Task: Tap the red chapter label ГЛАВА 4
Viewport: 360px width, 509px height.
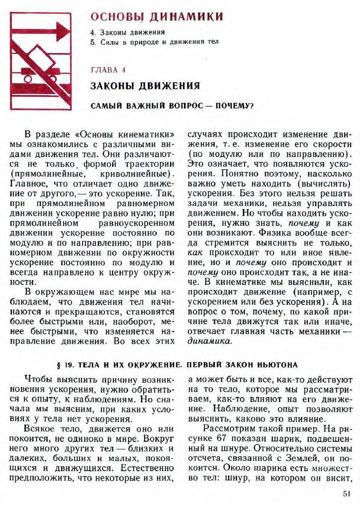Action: tap(108, 69)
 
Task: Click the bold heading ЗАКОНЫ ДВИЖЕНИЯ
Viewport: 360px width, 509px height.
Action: tap(145, 86)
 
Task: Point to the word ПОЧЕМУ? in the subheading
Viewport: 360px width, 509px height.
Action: tap(234, 105)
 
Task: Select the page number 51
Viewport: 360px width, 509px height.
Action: tap(347, 494)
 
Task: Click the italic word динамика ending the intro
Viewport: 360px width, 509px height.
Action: tap(209, 341)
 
